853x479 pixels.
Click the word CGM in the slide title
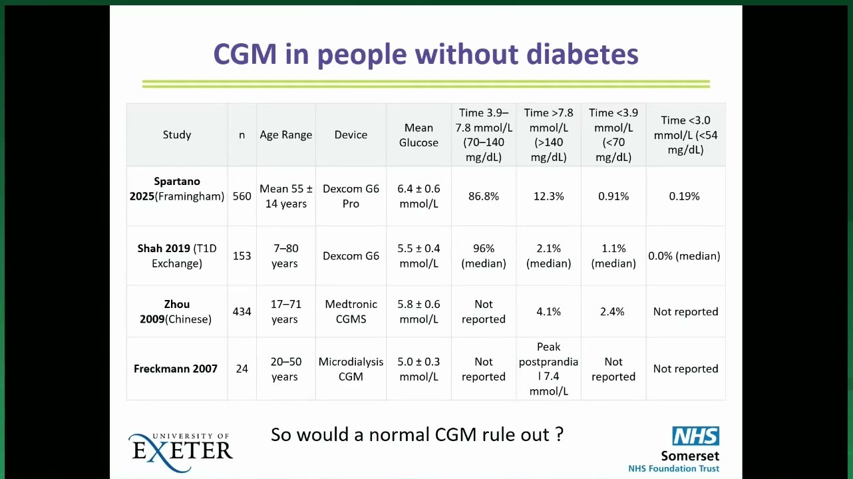tap(245, 54)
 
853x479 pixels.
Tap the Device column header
tap(351, 135)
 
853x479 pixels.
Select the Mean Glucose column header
tap(419, 135)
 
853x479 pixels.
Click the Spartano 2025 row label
tap(177, 189)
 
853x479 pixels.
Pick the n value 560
tap(242, 196)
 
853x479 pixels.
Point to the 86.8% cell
tap(484, 196)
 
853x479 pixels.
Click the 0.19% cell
tap(684, 196)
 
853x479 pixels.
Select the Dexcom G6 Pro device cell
tap(351, 196)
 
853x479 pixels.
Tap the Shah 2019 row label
tap(177, 256)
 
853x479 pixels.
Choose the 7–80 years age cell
tap(285, 256)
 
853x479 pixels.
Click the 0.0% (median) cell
tap(684, 256)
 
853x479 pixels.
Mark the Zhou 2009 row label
tap(176, 311)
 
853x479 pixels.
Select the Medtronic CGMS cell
tap(351, 311)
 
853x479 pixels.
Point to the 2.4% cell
tap(612, 311)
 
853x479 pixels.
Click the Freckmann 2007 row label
tap(176, 369)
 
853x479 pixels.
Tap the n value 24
tap(242, 369)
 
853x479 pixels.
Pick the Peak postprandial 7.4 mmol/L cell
tap(548, 369)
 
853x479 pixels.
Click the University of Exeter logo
tap(180, 452)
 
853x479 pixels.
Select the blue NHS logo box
tap(696, 436)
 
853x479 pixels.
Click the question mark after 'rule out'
tap(559, 434)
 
